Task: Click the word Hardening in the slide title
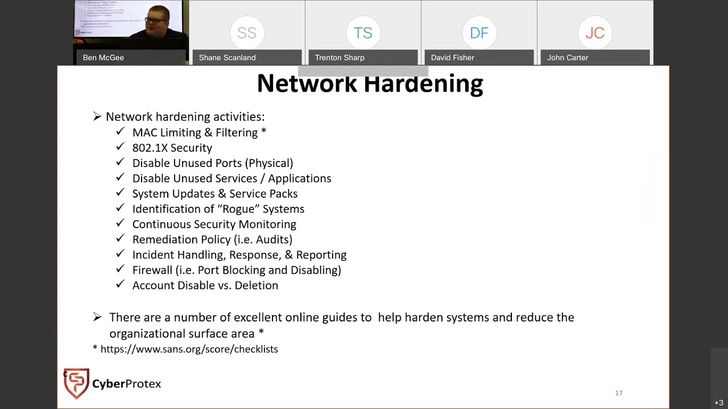[423, 84]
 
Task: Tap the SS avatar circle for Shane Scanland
[247, 33]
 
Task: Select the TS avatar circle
[363, 33]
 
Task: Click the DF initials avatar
[479, 33]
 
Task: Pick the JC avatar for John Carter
[595, 33]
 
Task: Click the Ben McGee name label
[104, 57]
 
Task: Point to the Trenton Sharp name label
[340, 57]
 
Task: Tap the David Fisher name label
[453, 57]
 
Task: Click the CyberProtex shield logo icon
[76, 383]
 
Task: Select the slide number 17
[619, 393]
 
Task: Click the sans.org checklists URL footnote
[189, 349]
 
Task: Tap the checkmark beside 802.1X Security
[120, 147]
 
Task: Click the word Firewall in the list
[152, 270]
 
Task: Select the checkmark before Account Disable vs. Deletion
[120, 284]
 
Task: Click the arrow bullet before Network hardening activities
[97, 116]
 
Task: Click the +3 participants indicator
[719, 403]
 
